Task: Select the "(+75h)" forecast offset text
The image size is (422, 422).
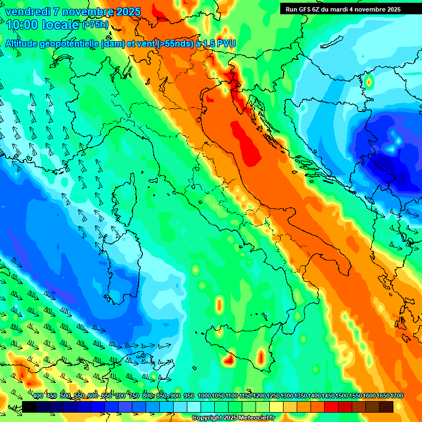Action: pyautogui.click(x=95, y=25)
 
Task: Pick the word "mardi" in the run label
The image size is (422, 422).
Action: pyautogui.click(x=342, y=9)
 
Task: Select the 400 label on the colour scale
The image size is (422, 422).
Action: pyautogui.click(x=38, y=396)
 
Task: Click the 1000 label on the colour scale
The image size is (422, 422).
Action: pyautogui.click(x=204, y=396)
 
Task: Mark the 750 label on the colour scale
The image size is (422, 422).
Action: pyautogui.click(x=134, y=396)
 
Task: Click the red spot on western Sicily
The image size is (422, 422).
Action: pyautogui.click(x=229, y=361)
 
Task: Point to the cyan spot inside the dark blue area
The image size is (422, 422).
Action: pyautogui.click(x=393, y=142)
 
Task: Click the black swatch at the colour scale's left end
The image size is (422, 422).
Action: pyautogui.click(x=29, y=407)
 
